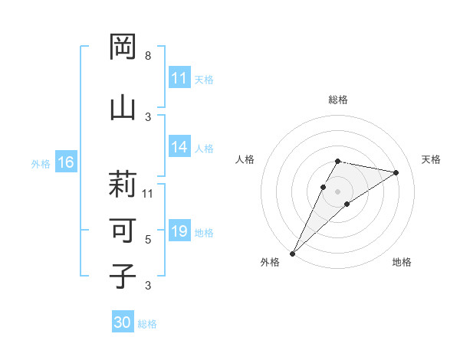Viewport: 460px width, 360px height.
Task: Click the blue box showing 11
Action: tap(179, 79)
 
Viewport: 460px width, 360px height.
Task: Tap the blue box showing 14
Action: tap(179, 148)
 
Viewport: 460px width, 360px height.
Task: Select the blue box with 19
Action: tap(179, 232)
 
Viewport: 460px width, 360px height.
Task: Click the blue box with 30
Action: tap(123, 323)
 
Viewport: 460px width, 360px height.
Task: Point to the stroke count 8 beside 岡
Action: tap(148, 56)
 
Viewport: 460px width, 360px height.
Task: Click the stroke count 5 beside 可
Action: tap(148, 240)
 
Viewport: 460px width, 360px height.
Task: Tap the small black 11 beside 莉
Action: tap(148, 193)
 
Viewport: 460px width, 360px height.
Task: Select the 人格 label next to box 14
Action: tap(204, 149)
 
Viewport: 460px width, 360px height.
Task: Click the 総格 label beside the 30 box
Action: tap(147, 324)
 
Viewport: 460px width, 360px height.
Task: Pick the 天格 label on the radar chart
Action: tap(432, 159)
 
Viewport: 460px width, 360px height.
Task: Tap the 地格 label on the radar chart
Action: tap(402, 262)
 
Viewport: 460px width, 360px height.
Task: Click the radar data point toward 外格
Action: tap(293, 253)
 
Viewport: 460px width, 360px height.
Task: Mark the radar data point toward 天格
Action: tap(396, 173)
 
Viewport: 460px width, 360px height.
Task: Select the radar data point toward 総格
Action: tap(337, 161)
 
